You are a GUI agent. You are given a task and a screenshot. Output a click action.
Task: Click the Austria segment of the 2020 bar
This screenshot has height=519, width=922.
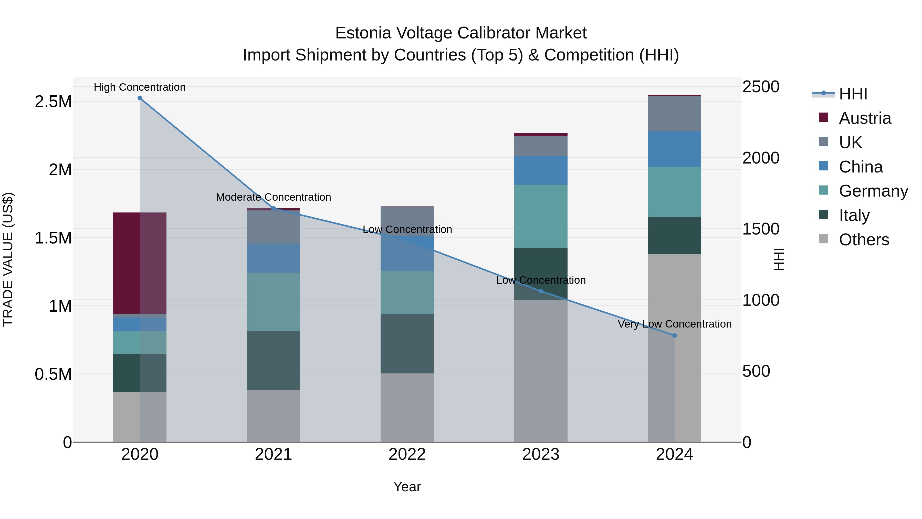pos(140,263)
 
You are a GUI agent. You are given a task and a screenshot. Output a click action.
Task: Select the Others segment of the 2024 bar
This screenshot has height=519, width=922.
pos(674,348)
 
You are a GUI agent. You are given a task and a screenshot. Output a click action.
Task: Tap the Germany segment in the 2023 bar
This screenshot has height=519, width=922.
pos(540,216)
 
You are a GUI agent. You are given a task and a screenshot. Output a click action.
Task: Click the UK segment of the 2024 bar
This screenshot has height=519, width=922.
pos(674,114)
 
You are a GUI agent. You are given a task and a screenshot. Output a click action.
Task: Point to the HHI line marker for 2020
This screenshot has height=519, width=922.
pos(140,98)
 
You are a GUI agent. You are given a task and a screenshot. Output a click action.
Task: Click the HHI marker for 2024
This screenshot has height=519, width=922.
pos(674,335)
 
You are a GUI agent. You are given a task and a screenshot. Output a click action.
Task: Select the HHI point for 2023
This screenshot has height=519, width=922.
pos(540,291)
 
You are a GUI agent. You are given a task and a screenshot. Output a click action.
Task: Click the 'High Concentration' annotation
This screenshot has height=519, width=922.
pos(140,87)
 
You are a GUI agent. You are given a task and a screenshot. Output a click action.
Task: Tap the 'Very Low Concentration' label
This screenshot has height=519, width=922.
pos(674,324)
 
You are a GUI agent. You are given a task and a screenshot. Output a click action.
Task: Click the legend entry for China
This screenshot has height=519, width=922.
pos(861,167)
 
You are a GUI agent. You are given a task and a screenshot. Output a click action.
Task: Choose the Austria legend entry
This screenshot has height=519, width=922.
pos(864,118)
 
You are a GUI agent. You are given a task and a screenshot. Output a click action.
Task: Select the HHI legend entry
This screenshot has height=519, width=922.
pos(853,94)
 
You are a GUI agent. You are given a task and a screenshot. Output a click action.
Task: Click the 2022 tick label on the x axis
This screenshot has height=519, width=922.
pos(407,454)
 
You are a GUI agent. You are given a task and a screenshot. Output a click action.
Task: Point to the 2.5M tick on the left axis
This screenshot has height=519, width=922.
pos(53,102)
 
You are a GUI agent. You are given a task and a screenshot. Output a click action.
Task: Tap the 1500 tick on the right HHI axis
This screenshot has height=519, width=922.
pos(760,229)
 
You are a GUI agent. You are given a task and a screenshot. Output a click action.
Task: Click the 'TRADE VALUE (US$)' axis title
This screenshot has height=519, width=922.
pos(8,259)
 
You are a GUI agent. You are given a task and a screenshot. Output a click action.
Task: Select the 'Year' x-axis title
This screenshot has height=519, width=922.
pos(407,487)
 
